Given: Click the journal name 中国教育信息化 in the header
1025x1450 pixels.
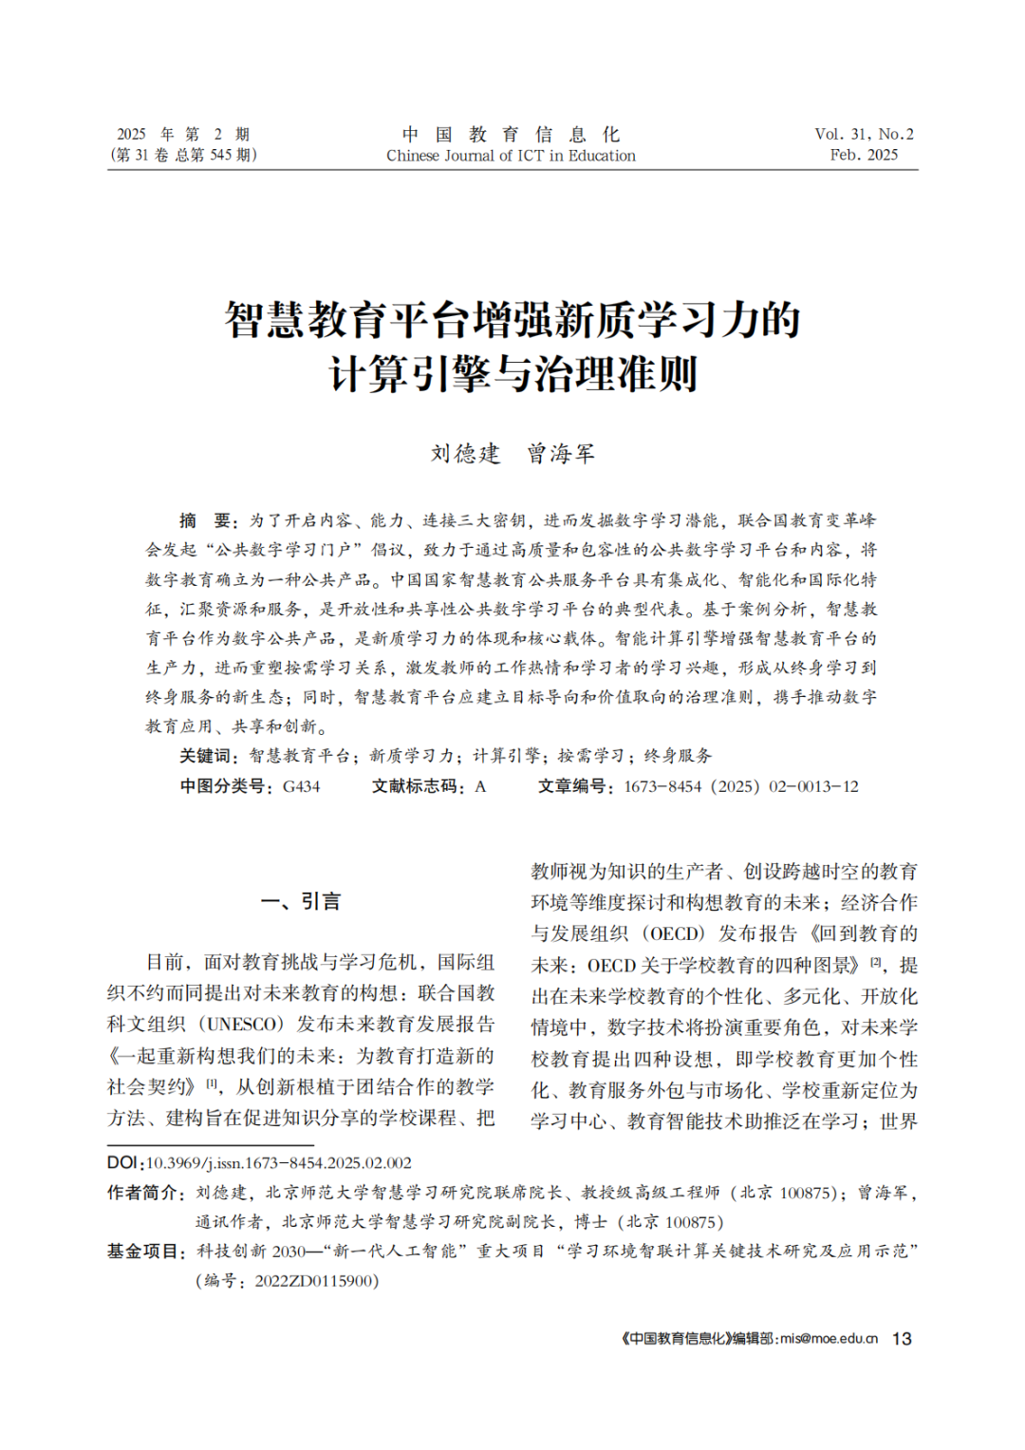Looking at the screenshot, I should pyautogui.click(x=511, y=134).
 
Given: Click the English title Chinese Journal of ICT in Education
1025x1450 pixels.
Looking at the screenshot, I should pyautogui.click(x=511, y=156).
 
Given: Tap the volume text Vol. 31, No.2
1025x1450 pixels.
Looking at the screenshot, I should pyautogui.click(x=864, y=134).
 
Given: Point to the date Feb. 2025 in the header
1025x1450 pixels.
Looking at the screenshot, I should pyautogui.click(x=864, y=155).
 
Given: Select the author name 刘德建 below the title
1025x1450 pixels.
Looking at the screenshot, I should pyautogui.click(x=465, y=454).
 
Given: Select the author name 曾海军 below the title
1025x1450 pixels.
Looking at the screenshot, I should pyautogui.click(x=561, y=454).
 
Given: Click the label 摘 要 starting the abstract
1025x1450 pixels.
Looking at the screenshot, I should pyautogui.click(x=207, y=520).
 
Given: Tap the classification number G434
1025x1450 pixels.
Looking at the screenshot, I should pyautogui.click(x=302, y=786).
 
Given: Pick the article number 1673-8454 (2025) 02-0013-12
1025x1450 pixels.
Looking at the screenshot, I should pyautogui.click(x=741, y=786).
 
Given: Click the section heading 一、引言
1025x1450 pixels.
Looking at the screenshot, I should pyautogui.click(x=301, y=901).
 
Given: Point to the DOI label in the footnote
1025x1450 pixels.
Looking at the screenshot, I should pyautogui.click(x=123, y=1162).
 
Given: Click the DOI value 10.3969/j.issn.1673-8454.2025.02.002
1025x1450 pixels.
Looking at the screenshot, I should pyautogui.click(x=279, y=1162).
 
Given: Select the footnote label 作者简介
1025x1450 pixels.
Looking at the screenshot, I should pyautogui.click(x=144, y=1193).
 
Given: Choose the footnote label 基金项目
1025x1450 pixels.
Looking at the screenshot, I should pyautogui.click(x=144, y=1252).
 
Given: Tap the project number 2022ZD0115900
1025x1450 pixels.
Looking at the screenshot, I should pyautogui.click(x=315, y=1281).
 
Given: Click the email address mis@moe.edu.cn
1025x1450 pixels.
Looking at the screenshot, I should pyautogui.click(x=829, y=1339).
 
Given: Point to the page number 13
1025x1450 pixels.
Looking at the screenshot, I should pyautogui.click(x=902, y=1339).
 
